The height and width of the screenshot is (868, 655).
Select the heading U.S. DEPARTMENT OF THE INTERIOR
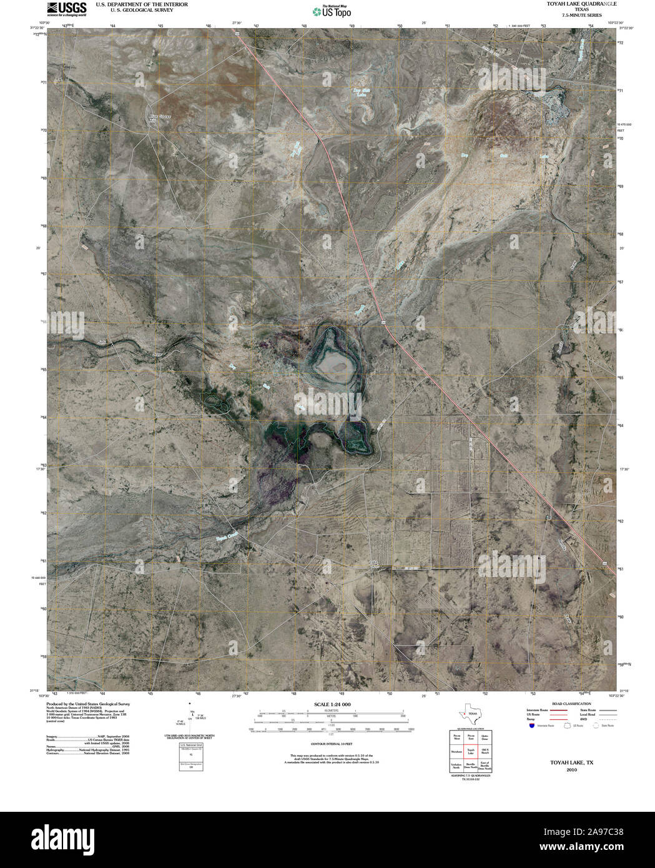pyautogui.click(x=142, y=4)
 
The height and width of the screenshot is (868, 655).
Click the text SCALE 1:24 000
pyautogui.click(x=328, y=704)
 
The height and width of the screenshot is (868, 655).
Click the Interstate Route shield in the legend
pyautogui.click(x=531, y=726)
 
